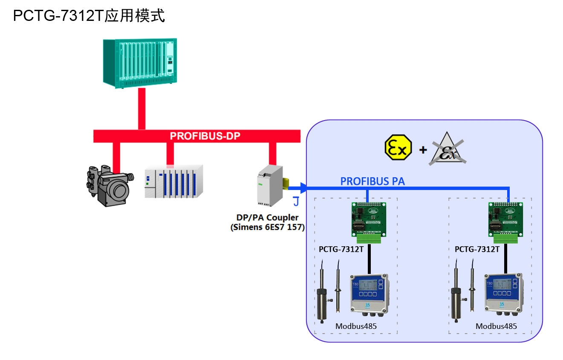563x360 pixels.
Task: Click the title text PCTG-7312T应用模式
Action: pyautogui.click(x=89, y=16)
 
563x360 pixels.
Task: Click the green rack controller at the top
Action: pyautogui.click(x=140, y=63)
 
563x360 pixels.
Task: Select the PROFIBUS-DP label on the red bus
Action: pyautogui.click(x=205, y=136)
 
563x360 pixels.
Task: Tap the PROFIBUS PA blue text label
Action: pyautogui.click(x=372, y=181)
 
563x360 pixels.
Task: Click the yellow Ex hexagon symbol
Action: pyautogui.click(x=398, y=147)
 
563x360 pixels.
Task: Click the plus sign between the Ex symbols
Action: pyautogui.click(x=423, y=150)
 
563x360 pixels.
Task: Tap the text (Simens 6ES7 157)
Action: pyautogui.click(x=268, y=228)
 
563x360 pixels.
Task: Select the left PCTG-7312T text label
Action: pyautogui.click(x=341, y=249)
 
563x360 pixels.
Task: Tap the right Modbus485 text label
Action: pyautogui.click(x=496, y=326)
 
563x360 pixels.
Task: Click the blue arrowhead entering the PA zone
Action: pyautogui.click(x=303, y=187)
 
